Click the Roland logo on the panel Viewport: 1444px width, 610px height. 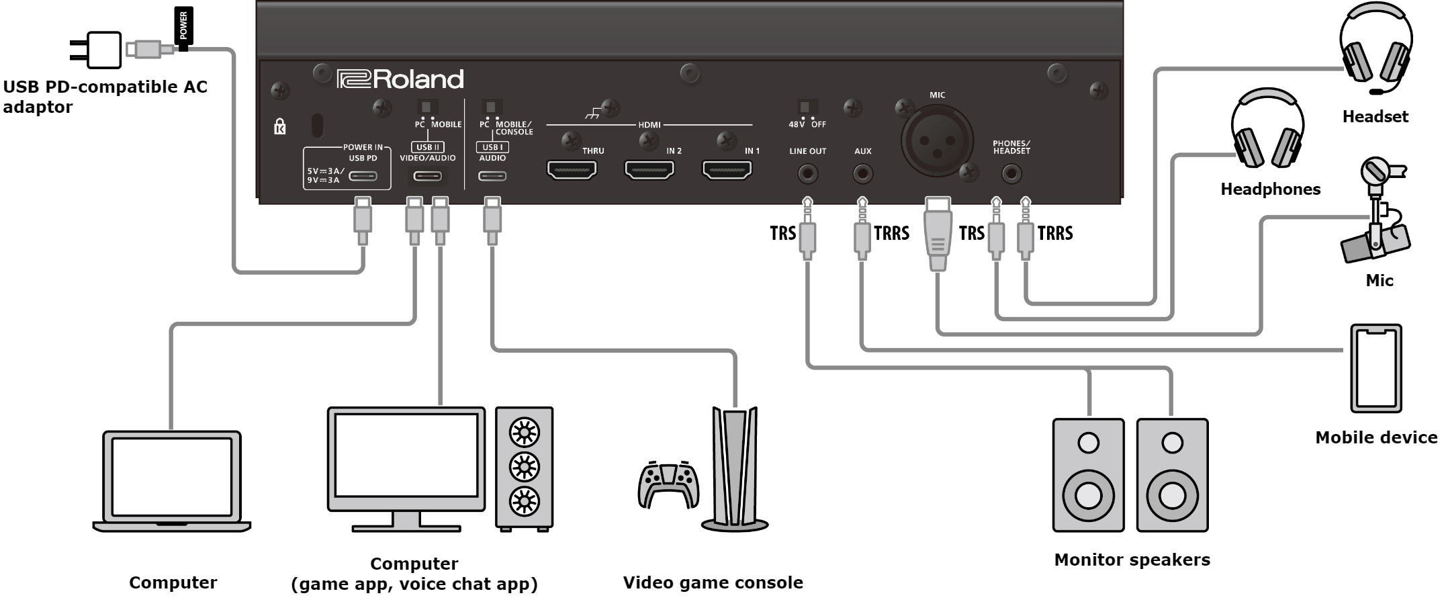(x=400, y=79)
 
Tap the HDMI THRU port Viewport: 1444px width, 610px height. (x=572, y=170)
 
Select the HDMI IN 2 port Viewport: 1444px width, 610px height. (x=649, y=170)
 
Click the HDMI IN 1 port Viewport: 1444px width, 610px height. (x=727, y=170)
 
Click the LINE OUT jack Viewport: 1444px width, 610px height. (x=807, y=175)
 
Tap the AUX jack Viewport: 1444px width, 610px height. (x=862, y=175)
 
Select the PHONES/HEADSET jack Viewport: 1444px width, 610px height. (x=1011, y=175)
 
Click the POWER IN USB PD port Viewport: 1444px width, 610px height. (x=363, y=176)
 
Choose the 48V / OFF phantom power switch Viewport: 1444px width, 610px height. (x=804, y=107)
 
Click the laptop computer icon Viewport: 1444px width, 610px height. (x=172, y=482)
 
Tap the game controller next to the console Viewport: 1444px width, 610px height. (x=668, y=485)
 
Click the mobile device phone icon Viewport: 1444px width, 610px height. (x=1376, y=368)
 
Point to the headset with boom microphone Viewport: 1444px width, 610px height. (x=1376, y=50)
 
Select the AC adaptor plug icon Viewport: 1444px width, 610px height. (x=95, y=50)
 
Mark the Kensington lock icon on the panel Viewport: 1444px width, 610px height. (x=280, y=126)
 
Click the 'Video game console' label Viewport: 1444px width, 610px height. (x=713, y=582)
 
